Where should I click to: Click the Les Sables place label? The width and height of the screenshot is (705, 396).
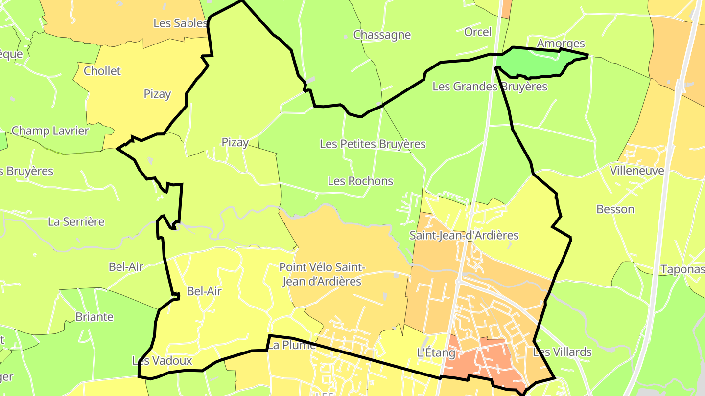pyautogui.click(x=180, y=23)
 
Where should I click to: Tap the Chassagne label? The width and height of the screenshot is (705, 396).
pyautogui.click(x=382, y=35)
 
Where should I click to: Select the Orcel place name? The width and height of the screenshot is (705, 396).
pyautogui.click(x=477, y=32)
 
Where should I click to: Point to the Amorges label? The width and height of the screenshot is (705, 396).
pyautogui.click(x=561, y=43)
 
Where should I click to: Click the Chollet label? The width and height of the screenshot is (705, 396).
pyautogui.click(x=102, y=71)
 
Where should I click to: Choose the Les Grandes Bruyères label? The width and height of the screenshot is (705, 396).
pyautogui.click(x=490, y=87)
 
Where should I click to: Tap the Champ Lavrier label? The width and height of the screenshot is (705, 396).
pyautogui.click(x=50, y=131)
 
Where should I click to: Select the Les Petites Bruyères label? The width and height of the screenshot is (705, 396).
pyautogui.click(x=373, y=144)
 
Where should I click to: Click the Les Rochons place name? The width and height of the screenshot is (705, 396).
pyautogui.click(x=360, y=181)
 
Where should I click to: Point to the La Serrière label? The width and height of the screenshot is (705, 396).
pyautogui.click(x=76, y=221)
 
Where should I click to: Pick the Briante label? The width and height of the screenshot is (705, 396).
pyautogui.click(x=94, y=317)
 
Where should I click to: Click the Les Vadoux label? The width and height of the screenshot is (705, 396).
pyautogui.click(x=162, y=361)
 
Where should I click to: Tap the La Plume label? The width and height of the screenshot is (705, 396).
pyautogui.click(x=291, y=345)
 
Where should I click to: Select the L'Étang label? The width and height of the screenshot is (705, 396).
pyautogui.click(x=429, y=352)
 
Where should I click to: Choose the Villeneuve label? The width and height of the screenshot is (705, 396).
pyautogui.click(x=636, y=171)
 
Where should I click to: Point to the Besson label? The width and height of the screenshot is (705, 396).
pyautogui.click(x=615, y=209)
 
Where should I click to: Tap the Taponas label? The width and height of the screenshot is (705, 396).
pyautogui.click(x=682, y=269)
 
